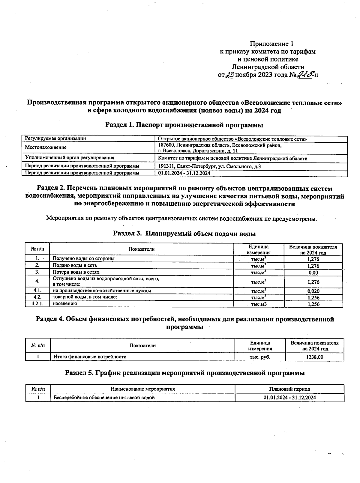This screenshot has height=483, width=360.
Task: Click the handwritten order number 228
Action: pyautogui.click(x=304, y=74)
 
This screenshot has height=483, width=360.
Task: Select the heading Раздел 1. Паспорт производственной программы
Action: pyautogui.click(x=184, y=125)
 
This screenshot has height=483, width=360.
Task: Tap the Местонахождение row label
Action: pyautogui.click(x=46, y=147)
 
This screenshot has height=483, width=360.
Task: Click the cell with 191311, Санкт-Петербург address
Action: pyautogui.click(x=209, y=166)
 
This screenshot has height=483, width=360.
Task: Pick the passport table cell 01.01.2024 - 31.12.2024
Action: pyautogui.click(x=184, y=173)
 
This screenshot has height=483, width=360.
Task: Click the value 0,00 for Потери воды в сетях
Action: pyautogui.click(x=313, y=273)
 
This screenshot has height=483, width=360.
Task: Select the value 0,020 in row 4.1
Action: pyautogui.click(x=313, y=291)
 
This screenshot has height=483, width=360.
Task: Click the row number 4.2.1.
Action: pyautogui.click(x=37, y=304)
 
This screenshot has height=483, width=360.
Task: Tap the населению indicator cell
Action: pyautogui.click(x=65, y=303)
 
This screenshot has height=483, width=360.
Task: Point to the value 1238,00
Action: pyautogui.click(x=314, y=357)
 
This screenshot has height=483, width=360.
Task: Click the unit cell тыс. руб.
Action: pyautogui.click(x=260, y=357)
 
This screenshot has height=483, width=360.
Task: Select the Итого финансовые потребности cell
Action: pyautogui.click(x=90, y=357)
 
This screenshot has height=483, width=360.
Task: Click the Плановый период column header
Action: pyautogui.click(x=289, y=389)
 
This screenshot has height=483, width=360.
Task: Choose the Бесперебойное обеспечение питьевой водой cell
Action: pyautogui.click(x=104, y=398)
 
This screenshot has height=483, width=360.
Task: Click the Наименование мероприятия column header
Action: pyautogui.click(x=142, y=389)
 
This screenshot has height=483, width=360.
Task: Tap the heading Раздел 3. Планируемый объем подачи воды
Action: pyautogui.click(x=184, y=233)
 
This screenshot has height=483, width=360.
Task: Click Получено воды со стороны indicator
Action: pyautogui.click(x=84, y=258)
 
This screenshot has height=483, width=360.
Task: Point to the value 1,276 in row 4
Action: pyautogui.click(x=313, y=282)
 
